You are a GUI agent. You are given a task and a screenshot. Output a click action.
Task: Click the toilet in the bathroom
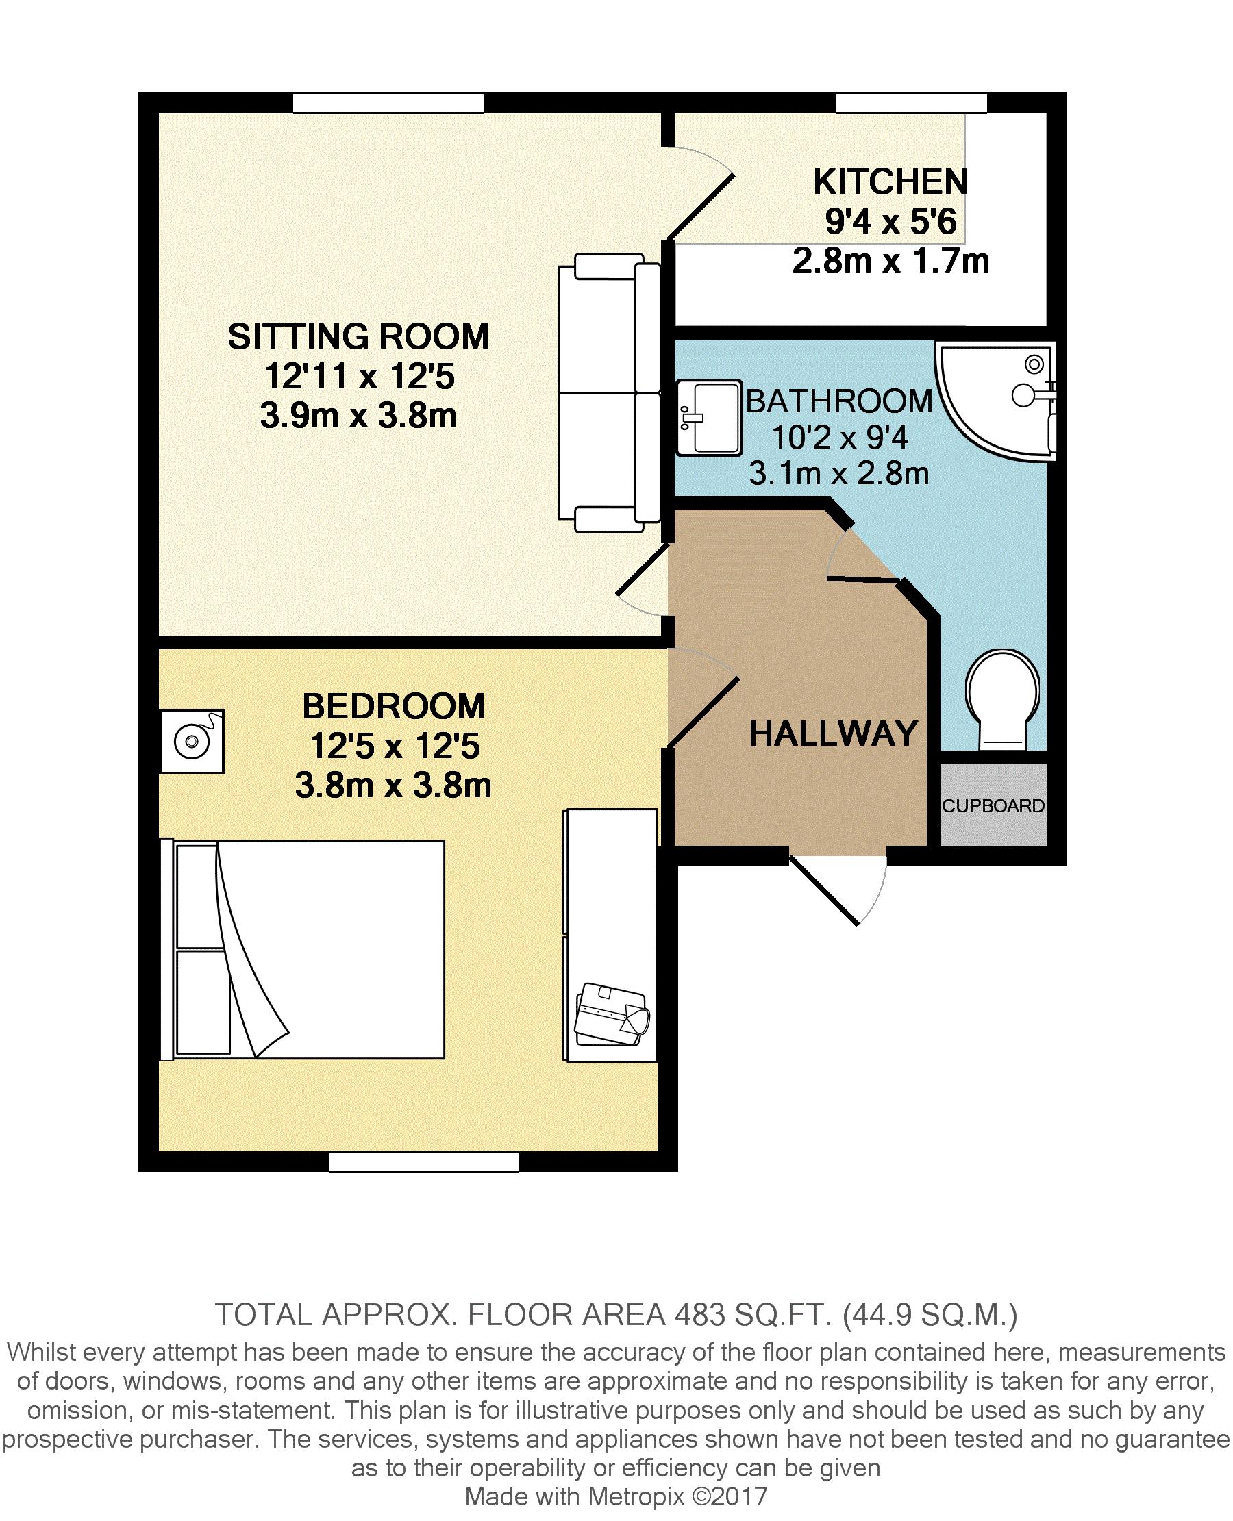(1002, 699)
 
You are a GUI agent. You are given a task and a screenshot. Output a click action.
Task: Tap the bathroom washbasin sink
(708, 418)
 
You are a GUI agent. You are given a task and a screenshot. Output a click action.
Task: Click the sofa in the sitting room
(610, 392)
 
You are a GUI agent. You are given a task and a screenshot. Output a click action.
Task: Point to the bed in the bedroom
(303, 950)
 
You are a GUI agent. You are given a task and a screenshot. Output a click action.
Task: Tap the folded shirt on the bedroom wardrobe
(612, 1015)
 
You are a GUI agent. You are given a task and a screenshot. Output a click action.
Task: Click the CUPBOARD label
(993, 806)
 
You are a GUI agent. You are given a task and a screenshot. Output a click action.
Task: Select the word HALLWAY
(834, 733)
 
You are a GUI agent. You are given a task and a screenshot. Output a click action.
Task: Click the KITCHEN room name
(891, 181)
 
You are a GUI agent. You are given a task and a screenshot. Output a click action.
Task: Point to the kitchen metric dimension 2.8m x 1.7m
(891, 262)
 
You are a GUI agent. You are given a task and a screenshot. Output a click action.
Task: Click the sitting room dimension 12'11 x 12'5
(360, 377)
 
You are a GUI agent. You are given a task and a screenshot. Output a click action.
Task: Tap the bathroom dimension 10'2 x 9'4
(840, 438)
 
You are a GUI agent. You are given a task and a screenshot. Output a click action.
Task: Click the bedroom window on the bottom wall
(424, 1161)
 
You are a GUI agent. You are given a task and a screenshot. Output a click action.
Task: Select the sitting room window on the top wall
(388, 103)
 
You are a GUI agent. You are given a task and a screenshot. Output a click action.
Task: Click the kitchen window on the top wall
(911, 103)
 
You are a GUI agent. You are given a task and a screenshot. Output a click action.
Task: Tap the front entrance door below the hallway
(838, 888)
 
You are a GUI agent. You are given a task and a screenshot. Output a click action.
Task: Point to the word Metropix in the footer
(636, 1496)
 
